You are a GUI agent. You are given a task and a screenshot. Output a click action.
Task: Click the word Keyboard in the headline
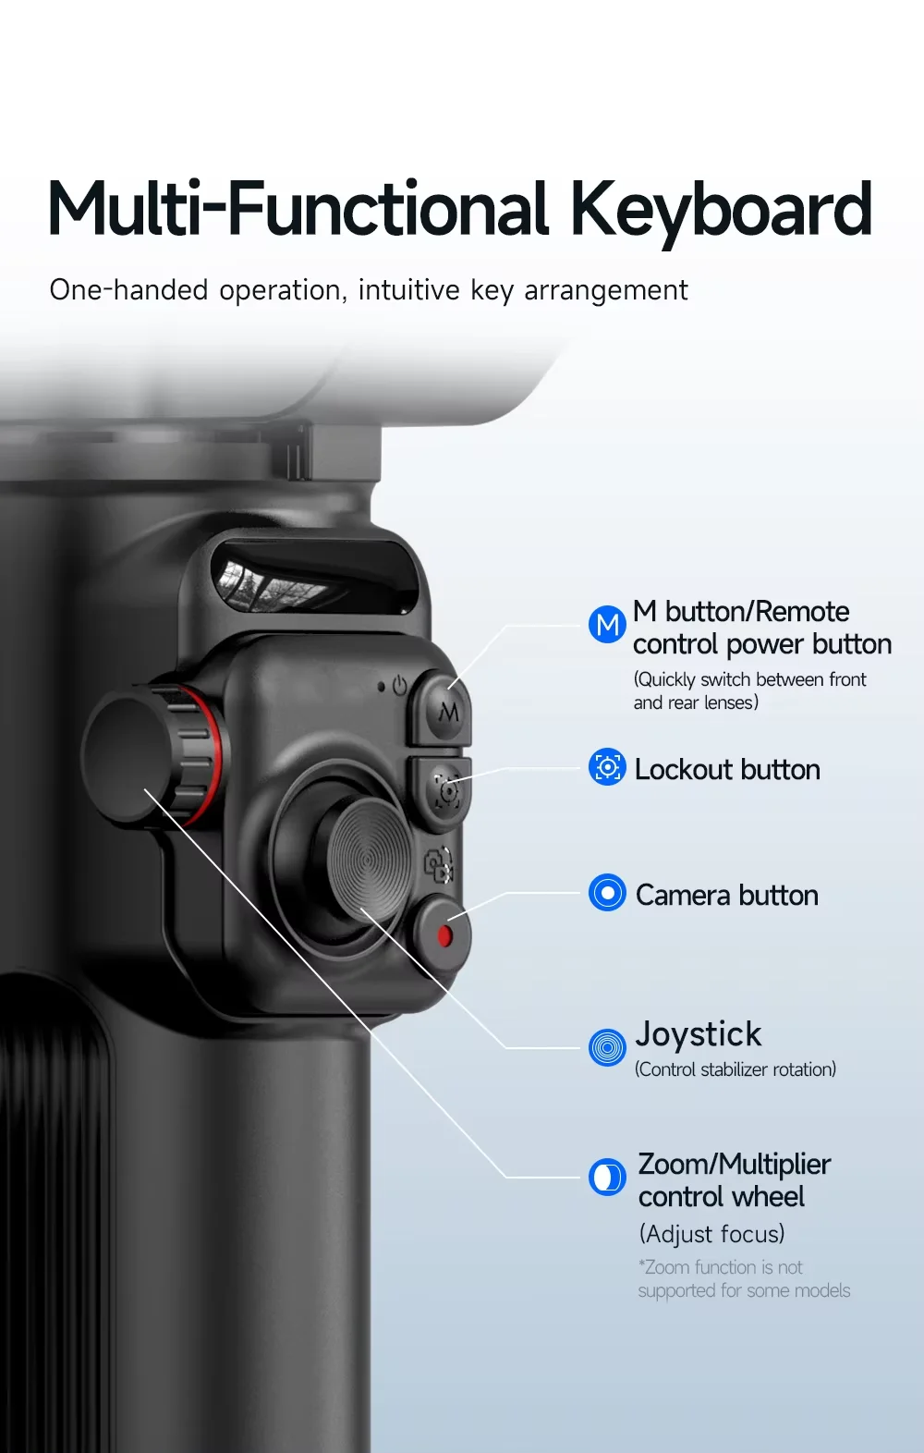point(721,210)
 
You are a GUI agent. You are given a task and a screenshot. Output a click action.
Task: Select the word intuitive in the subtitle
point(409,289)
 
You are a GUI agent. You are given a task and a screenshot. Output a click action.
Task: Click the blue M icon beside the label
point(607,624)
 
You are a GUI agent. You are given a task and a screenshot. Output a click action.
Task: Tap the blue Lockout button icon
point(607,767)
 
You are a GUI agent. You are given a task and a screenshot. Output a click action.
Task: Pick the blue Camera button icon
point(607,893)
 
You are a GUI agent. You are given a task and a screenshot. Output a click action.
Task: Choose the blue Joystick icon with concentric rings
point(607,1047)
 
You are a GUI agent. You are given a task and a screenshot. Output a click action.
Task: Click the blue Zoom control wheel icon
point(607,1177)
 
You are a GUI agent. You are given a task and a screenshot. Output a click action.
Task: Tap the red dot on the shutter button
point(444,935)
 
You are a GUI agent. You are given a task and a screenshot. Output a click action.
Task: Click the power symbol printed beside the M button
point(399,686)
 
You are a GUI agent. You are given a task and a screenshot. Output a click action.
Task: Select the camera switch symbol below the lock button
point(438,864)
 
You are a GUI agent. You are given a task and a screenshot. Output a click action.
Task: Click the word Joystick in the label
point(699,1034)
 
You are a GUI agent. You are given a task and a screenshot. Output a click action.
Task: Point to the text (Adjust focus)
point(712,1233)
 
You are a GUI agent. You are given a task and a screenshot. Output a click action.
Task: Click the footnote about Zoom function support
point(744,1278)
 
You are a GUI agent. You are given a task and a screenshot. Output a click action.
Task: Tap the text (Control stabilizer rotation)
point(736,1069)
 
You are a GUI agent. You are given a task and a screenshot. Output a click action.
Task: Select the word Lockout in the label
point(683,769)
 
